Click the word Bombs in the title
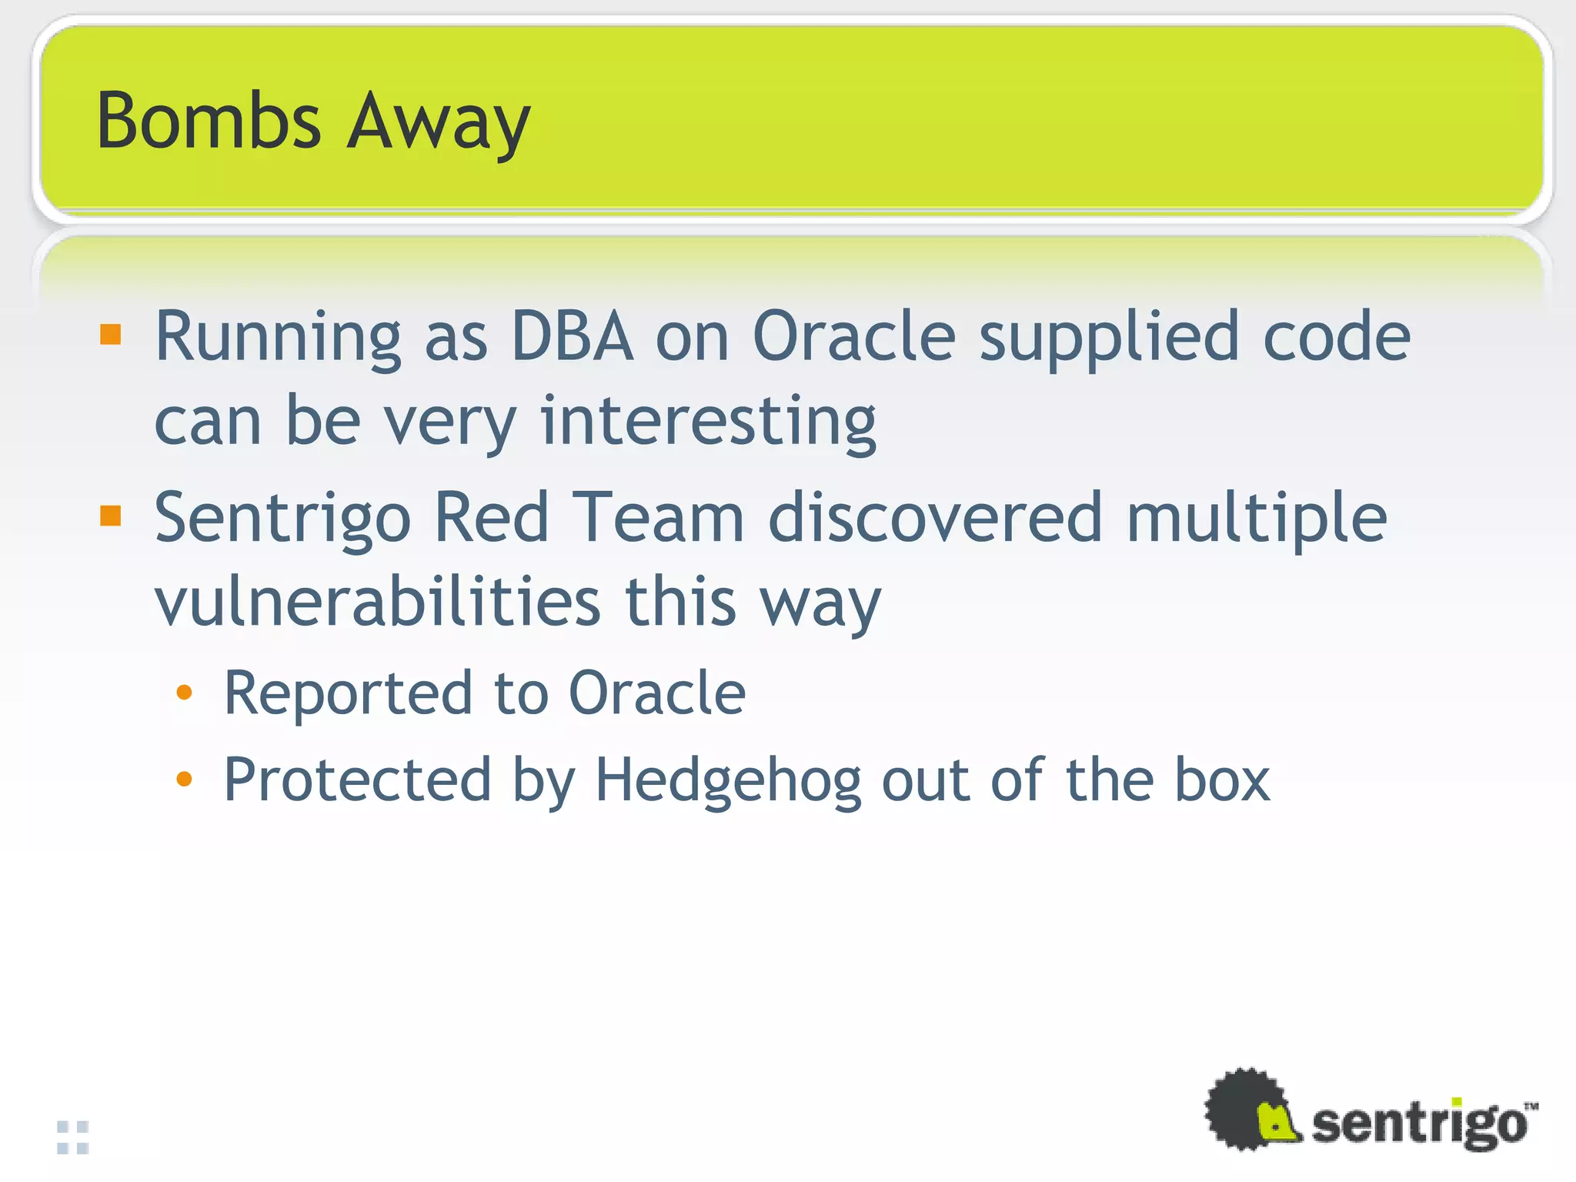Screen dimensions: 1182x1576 click(208, 121)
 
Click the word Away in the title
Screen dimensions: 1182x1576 click(439, 123)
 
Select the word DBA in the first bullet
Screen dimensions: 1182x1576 click(573, 336)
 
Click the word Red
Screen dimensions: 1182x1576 click(492, 517)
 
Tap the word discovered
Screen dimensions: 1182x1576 click(936, 517)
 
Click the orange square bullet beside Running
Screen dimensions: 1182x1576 click(111, 334)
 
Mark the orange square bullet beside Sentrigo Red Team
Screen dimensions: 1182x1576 click(111, 516)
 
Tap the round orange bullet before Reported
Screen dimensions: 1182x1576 click(184, 693)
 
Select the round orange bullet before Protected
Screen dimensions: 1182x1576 click(184, 780)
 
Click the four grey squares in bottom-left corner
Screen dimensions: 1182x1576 click(73, 1137)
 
